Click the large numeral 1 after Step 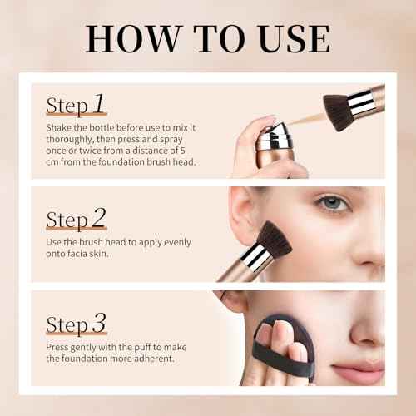click(x=98, y=104)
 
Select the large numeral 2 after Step click(x=98, y=218)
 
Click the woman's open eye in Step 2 click(x=334, y=202)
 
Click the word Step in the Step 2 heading click(x=67, y=220)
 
